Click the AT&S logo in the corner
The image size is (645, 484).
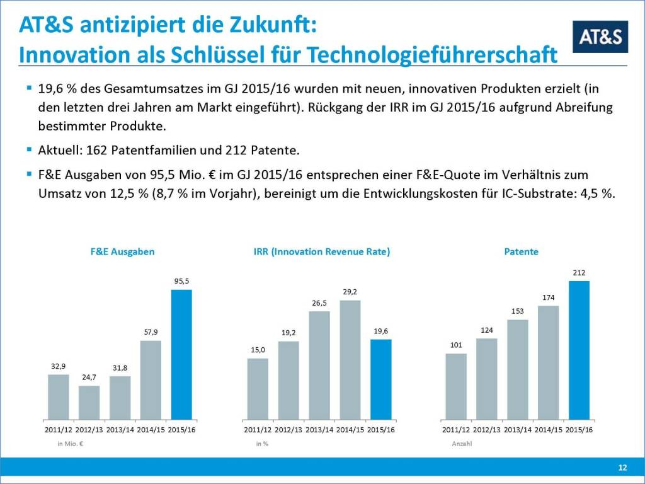pyautogui.click(x=600, y=37)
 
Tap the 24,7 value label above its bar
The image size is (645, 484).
pyautogui.click(x=89, y=377)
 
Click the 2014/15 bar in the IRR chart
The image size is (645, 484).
pyautogui.click(x=350, y=360)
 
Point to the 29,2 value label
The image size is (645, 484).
pyautogui.click(x=350, y=292)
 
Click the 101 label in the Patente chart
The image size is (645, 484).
pyautogui.click(x=456, y=345)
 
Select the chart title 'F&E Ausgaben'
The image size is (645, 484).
pyautogui.click(x=122, y=251)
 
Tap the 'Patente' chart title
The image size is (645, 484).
pyautogui.click(x=522, y=251)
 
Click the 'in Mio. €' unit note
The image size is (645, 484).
pyautogui.click(x=71, y=444)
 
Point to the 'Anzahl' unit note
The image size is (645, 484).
pyautogui.click(x=462, y=444)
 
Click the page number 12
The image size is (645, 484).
pyautogui.click(x=622, y=467)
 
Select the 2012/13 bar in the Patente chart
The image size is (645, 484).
pyautogui.click(x=487, y=379)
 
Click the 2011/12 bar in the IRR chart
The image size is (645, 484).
pyautogui.click(x=258, y=389)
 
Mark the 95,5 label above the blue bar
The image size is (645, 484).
pyautogui.click(x=181, y=281)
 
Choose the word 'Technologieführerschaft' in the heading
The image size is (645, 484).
pyautogui.click(x=448, y=54)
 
